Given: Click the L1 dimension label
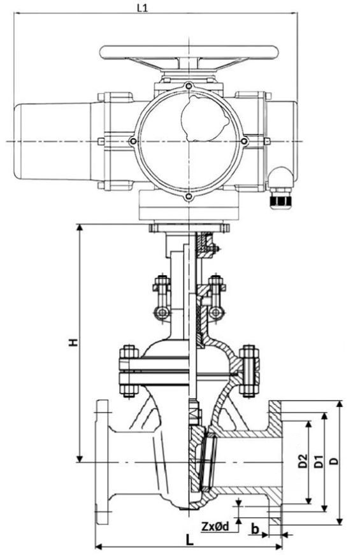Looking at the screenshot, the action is click(142, 8).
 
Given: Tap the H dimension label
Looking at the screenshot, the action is click(73, 342).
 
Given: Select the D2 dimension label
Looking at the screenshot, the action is click(303, 461).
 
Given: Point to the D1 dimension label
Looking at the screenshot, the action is click(319, 461).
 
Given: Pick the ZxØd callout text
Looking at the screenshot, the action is click(215, 526).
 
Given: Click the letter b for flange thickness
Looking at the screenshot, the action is click(255, 529).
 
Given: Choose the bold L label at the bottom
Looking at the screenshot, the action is click(190, 541).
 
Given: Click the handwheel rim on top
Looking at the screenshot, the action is click(189, 52).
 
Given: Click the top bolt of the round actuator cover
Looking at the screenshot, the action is click(189, 86).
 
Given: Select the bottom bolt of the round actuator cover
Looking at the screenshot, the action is click(189, 197).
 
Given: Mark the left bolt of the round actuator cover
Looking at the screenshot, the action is click(133, 141).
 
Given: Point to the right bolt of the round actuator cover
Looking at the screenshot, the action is click(245, 141).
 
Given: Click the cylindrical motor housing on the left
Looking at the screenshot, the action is click(53, 141).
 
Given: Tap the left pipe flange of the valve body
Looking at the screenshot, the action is click(102, 462).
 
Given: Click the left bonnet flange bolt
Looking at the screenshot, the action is click(129, 370).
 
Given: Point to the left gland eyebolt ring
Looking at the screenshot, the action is click(162, 313).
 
